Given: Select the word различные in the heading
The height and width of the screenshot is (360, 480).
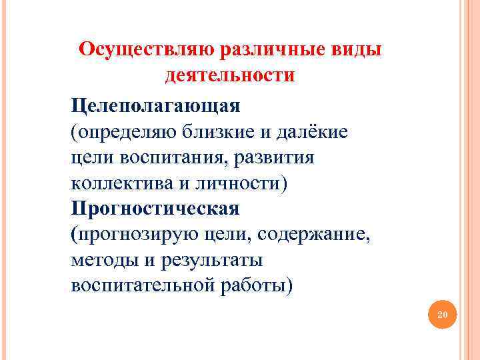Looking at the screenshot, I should tap(271, 49).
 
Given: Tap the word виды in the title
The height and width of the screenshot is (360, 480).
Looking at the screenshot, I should tap(359, 49).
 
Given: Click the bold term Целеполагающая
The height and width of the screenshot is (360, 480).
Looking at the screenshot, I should tap(156, 105).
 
